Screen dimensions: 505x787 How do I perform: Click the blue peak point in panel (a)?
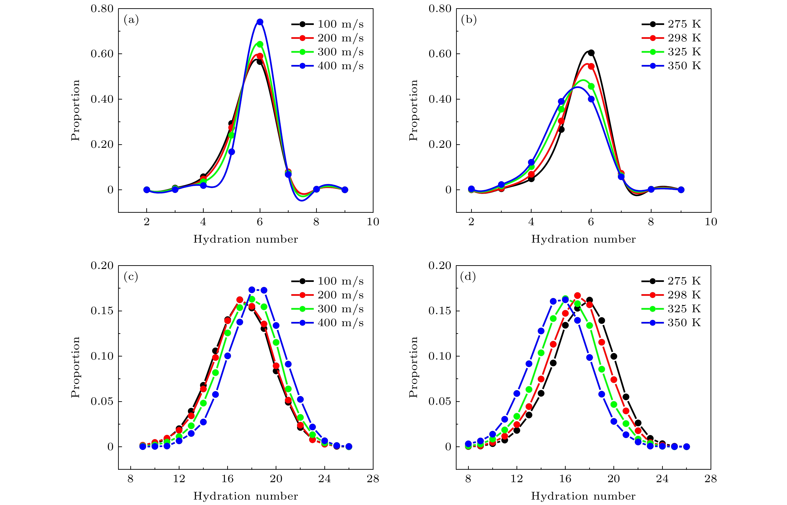(x=260, y=22)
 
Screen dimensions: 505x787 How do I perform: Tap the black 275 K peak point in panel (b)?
(x=591, y=53)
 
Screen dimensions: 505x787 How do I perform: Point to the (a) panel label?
(x=131, y=20)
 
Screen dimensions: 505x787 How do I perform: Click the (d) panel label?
(x=468, y=277)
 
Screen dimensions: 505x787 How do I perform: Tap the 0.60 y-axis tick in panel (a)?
(x=102, y=54)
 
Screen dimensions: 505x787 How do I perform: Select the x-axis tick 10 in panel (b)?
(x=711, y=222)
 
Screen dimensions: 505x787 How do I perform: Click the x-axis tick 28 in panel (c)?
(x=373, y=479)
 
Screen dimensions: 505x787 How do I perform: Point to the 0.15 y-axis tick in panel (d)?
(x=440, y=311)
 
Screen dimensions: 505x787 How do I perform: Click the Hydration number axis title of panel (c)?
(x=246, y=496)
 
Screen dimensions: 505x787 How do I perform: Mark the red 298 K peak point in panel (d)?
(x=577, y=296)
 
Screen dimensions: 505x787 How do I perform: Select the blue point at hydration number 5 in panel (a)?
(x=231, y=152)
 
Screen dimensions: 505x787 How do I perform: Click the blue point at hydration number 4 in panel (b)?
(x=531, y=162)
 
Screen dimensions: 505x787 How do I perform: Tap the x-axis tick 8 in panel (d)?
(x=468, y=479)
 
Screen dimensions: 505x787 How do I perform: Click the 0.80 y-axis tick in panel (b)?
(x=440, y=9)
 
